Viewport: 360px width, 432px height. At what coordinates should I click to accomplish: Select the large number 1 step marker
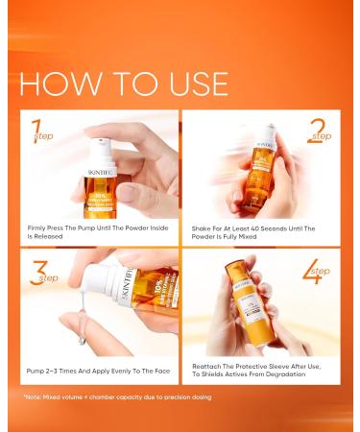[x=37, y=130]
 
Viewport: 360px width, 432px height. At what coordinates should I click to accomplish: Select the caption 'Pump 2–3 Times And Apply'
[x=96, y=368]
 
